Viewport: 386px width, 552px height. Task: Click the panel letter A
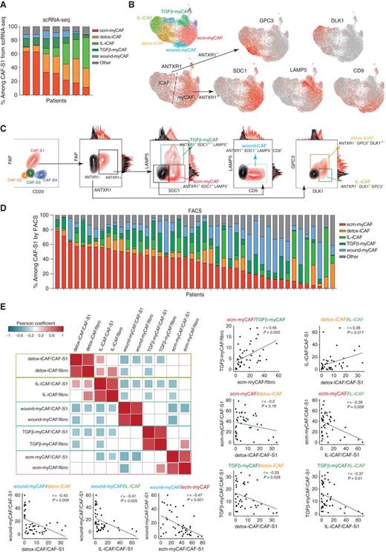click(x=5, y=5)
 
